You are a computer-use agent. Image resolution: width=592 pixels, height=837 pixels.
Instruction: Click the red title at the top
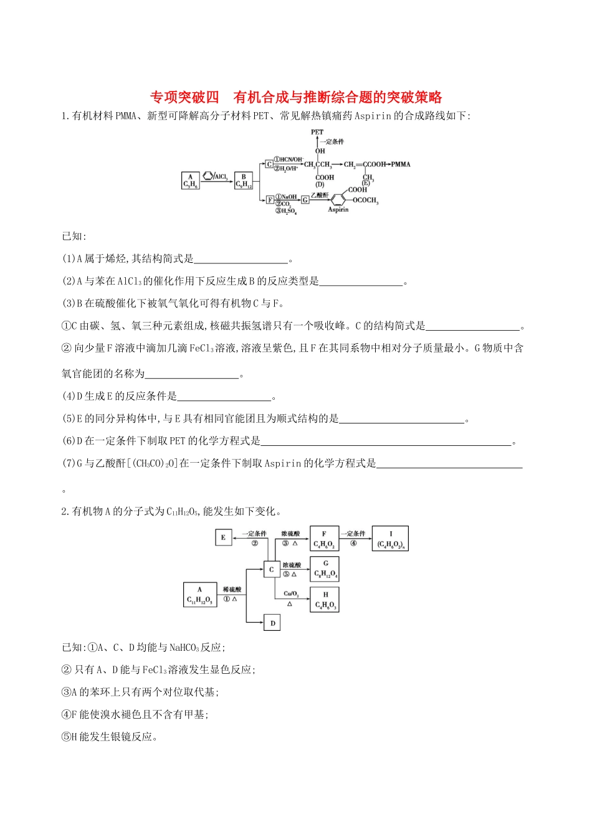coord(296,97)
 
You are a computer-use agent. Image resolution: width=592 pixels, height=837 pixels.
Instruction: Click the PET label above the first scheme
coord(317,132)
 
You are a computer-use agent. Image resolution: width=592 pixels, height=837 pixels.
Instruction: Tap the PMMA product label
coord(401,164)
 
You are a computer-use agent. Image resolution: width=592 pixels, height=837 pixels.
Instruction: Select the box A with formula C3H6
coord(191,181)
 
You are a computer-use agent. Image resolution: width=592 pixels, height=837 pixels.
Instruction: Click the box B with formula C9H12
coord(244,181)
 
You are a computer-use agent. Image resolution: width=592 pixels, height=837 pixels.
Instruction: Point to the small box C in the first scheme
coord(269,164)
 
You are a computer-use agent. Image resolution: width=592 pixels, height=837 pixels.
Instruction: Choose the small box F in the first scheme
coord(270,200)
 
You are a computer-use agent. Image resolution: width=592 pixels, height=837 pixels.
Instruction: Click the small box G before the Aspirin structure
coord(305,200)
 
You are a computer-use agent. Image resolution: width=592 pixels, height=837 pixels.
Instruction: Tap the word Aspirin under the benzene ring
coord(338,210)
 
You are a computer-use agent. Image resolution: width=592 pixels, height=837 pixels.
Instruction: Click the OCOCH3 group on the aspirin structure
coord(365,201)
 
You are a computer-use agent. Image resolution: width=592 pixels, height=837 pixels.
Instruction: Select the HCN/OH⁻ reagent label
coord(289,160)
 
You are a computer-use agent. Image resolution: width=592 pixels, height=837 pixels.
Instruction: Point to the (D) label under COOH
coord(320,184)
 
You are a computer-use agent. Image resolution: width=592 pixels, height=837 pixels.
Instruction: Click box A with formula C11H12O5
coord(199,595)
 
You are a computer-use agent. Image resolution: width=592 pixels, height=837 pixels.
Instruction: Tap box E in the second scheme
coord(223,537)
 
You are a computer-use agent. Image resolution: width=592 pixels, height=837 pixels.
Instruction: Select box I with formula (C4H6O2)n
coord(390,539)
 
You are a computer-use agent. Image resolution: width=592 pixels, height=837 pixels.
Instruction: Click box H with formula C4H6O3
coord(325,600)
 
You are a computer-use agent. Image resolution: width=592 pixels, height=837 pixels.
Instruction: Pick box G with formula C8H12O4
coord(325,569)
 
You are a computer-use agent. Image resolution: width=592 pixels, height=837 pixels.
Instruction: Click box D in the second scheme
coord(272,622)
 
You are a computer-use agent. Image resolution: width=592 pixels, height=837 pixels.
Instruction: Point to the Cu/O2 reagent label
coord(291,593)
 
